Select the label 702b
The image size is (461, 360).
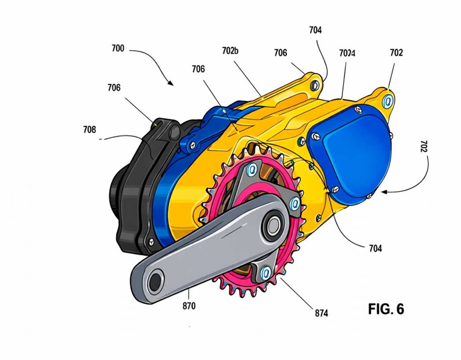(230, 50)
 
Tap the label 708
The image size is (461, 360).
(89, 130)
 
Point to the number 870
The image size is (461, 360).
(188, 306)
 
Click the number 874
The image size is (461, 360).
(322, 313)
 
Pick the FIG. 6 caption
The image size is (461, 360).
(386, 309)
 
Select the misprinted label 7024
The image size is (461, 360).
(346, 53)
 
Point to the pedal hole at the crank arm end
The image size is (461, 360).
(155, 281)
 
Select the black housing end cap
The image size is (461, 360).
(134, 190)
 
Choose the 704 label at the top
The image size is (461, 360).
(315, 31)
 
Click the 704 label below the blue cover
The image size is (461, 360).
(375, 248)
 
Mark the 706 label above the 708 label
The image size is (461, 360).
(114, 88)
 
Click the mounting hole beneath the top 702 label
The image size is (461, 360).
(388, 100)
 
